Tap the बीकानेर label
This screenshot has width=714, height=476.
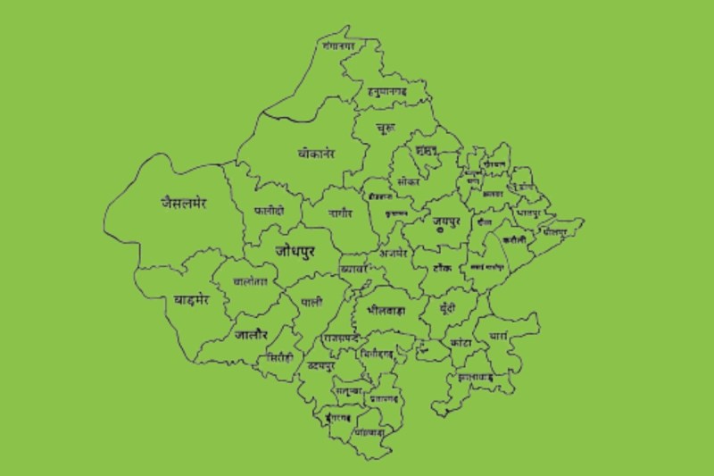coord(317,154)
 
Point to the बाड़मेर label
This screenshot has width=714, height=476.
coord(191,300)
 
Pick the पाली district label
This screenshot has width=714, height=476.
coord(312,301)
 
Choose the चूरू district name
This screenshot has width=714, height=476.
coord(386,130)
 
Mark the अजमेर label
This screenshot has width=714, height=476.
coord(393,253)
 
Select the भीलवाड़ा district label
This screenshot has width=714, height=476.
coord(386,310)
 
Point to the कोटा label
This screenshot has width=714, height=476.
coord(461,341)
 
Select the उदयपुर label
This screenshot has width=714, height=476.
coord(320,367)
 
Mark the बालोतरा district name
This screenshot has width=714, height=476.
coord(250,281)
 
